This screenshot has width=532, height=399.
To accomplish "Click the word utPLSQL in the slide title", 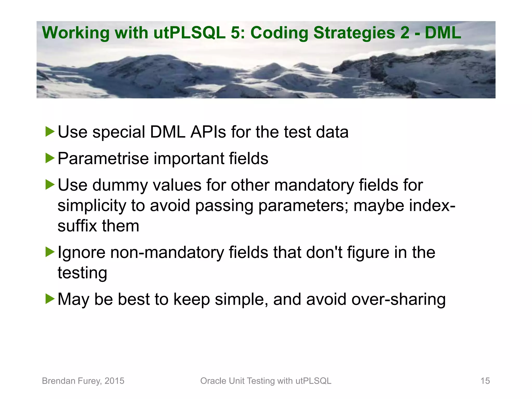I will (189, 33).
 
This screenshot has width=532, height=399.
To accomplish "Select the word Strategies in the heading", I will (354, 33).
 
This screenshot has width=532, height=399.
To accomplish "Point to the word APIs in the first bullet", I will (208, 132).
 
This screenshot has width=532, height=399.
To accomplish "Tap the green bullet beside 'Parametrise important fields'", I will (50, 158).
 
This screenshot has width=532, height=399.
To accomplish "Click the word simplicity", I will (92, 206).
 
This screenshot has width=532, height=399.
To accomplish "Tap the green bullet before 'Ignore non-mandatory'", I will (50, 252).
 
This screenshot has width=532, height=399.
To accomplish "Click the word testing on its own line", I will (82, 273).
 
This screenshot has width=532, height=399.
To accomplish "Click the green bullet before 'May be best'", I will (50, 299).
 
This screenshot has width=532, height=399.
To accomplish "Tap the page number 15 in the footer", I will (485, 381).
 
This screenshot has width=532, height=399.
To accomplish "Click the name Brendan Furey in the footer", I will (71, 381).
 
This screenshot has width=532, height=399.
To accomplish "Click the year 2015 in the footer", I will (114, 381).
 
